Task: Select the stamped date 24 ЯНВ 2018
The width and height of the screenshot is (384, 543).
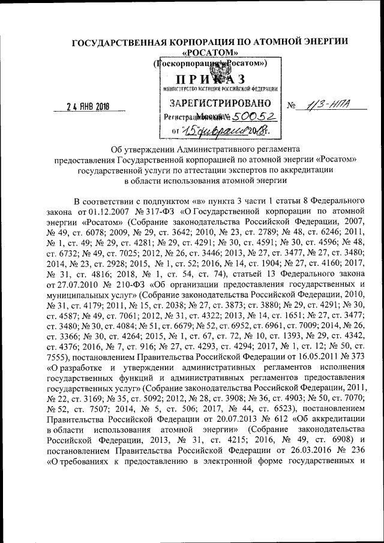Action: [x=92, y=106]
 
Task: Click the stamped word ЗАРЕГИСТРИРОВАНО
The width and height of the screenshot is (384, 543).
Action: [x=214, y=101]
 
